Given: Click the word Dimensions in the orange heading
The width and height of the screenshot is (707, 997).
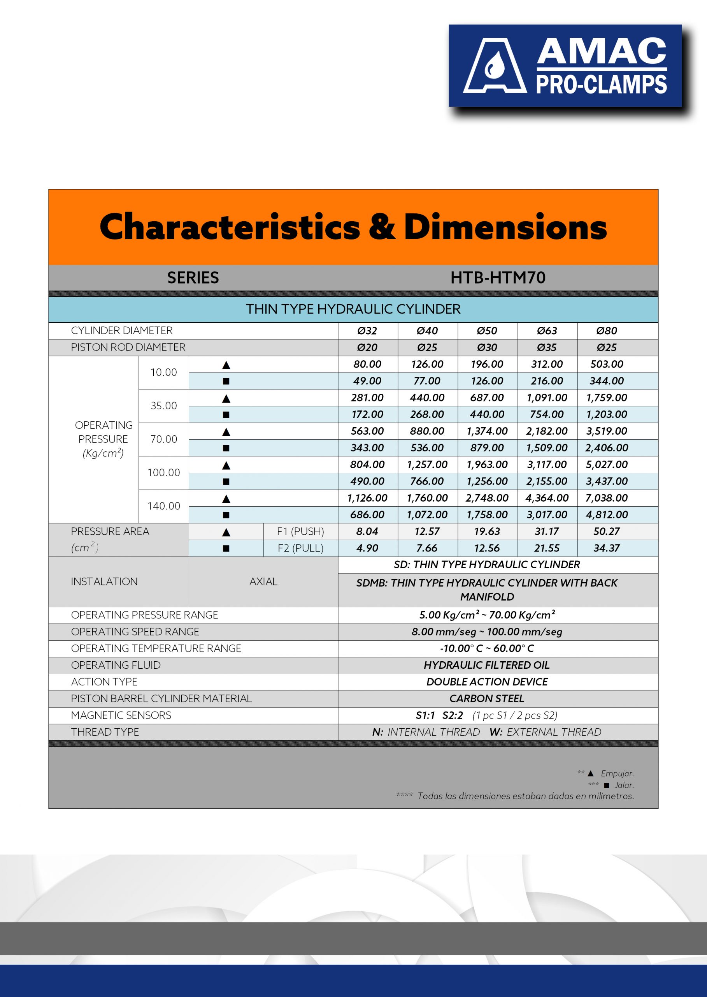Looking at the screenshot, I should coord(505,227).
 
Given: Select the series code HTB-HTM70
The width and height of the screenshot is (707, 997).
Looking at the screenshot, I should coord(498,278).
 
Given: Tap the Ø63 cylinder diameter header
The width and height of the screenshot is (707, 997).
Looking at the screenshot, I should coord(547,331).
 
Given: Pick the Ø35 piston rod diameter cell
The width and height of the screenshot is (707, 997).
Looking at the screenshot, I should coord(547,347).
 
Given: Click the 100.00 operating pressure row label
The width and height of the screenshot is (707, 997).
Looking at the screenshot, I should coord(164,472).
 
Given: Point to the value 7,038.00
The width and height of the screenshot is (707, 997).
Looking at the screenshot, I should coord(607,498).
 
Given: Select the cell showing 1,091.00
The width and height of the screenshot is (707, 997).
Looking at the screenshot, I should coord(547,397).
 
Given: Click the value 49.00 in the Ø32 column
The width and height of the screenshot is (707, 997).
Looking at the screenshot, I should coord(367,381).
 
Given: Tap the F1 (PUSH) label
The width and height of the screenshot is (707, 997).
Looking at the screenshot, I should coord(300,531).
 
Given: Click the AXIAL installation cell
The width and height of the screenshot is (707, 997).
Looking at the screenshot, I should coord(263,581).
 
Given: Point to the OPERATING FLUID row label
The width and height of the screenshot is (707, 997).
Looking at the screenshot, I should coord(116,665).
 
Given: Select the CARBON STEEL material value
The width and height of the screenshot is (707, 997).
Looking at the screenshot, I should coord(487,699).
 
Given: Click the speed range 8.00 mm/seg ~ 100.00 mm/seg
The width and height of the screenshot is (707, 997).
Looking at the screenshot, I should coord(487,631).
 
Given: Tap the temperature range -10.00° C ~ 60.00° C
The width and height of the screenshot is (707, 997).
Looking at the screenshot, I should coord(487,648).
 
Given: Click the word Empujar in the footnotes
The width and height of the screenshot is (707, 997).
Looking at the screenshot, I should coord(617,773).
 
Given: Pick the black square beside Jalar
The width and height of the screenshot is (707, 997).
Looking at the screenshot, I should coord(607,785).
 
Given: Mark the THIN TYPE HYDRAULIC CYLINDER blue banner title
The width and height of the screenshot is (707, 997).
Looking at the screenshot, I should coord(353,309).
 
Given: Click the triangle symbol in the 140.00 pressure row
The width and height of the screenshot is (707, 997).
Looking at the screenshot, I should coord(226,498).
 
